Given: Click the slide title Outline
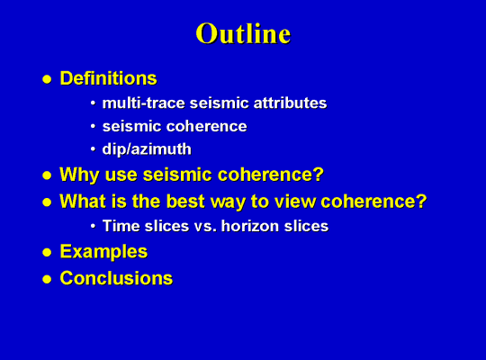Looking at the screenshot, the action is click(x=243, y=33).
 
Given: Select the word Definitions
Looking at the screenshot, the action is click(x=109, y=78).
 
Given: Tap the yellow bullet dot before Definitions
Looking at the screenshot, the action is click(x=47, y=79).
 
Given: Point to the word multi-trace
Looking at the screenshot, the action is click(x=143, y=103).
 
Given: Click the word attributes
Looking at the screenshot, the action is click(x=290, y=103).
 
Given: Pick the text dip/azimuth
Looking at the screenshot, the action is click(x=147, y=149).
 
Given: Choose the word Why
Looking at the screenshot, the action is click(x=79, y=175).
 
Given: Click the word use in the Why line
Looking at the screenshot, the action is click(x=121, y=175).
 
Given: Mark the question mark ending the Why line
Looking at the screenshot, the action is click(x=319, y=174).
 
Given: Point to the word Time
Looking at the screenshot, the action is click(x=121, y=226).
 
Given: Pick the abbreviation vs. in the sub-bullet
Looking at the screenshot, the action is click(x=205, y=227).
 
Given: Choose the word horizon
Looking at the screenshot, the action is click(x=250, y=226).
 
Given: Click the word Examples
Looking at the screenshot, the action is click(x=103, y=251).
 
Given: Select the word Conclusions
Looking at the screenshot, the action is click(x=116, y=278).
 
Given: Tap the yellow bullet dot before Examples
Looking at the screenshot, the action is click(x=47, y=252).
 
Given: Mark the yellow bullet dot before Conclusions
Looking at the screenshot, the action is click(x=47, y=279).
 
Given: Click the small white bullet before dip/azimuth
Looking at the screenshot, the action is click(x=93, y=149).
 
